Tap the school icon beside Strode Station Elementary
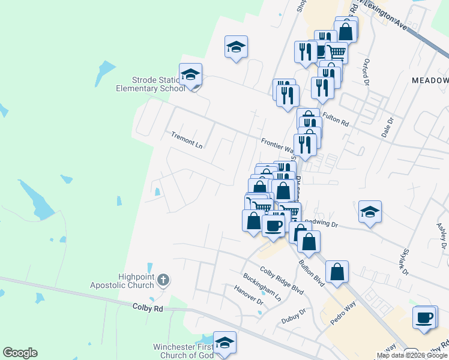click(x=191, y=75)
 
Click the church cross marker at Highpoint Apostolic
click(x=163, y=280)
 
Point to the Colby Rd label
click(x=147, y=308)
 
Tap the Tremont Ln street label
click(x=186, y=140)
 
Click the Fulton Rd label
click(x=336, y=118)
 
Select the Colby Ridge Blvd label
click(x=281, y=280)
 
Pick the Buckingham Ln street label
click(x=262, y=287)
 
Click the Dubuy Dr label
click(x=294, y=314)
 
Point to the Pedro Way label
click(x=343, y=317)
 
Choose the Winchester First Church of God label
click(x=183, y=351)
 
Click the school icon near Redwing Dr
click(x=370, y=212)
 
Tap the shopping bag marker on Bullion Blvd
click(x=337, y=271)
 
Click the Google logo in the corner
click(x=20, y=353)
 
